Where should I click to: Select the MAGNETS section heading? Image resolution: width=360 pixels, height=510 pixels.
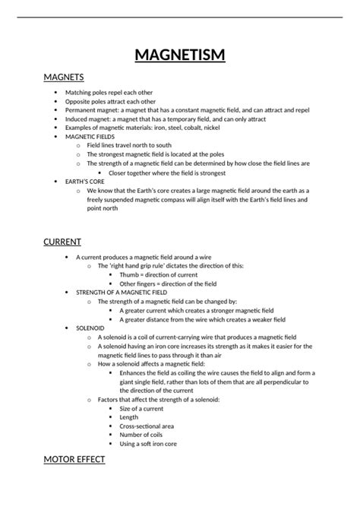[x=64, y=78]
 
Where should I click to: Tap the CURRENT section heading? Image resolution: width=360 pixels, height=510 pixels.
[x=62, y=242]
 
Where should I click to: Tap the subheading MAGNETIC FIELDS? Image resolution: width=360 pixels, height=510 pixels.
[x=111, y=136]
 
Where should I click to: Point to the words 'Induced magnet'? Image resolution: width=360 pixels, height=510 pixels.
[x=109, y=119]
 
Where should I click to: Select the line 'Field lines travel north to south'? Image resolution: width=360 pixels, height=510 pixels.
[x=129, y=145]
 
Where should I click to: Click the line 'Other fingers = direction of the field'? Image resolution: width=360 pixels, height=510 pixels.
[x=166, y=284]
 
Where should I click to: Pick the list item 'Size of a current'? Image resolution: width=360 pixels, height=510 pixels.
[x=141, y=408]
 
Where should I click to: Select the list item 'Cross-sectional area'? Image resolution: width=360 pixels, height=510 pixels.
[x=147, y=426]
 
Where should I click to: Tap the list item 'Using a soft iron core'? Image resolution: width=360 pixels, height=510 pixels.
[x=149, y=444]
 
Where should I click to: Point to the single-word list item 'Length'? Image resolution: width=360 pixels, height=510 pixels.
[x=129, y=417]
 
